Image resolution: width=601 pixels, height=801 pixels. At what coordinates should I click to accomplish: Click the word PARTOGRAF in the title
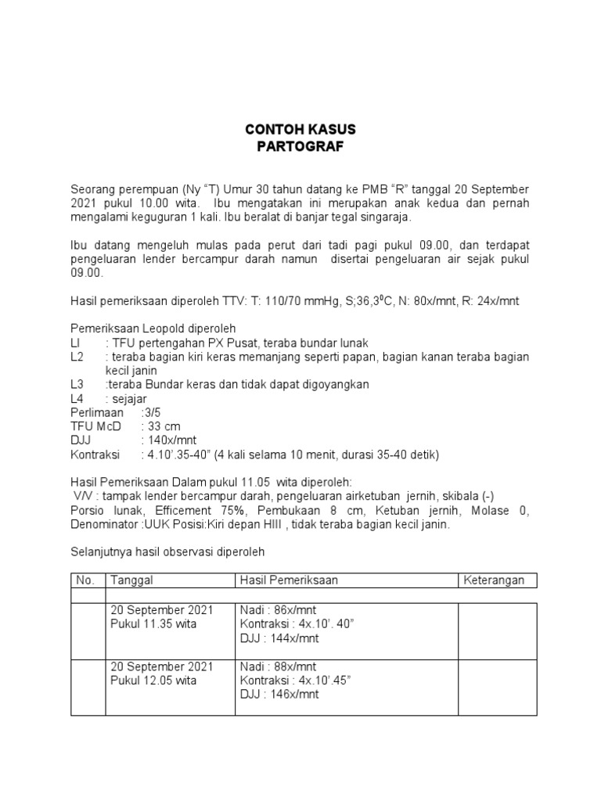click(x=300, y=146)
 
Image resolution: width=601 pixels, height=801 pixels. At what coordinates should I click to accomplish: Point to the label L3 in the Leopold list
click(x=77, y=384)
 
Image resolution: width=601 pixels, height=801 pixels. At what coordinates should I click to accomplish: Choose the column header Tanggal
click(x=132, y=580)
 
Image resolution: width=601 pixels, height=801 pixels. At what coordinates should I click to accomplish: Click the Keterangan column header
click(x=496, y=580)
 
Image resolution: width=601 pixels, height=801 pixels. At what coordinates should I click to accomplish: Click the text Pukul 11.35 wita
click(x=153, y=624)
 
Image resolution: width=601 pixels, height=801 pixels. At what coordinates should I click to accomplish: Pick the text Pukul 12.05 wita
click(x=153, y=681)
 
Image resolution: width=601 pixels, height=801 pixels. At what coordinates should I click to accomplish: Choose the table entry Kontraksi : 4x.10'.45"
click(x=295, y=681)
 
